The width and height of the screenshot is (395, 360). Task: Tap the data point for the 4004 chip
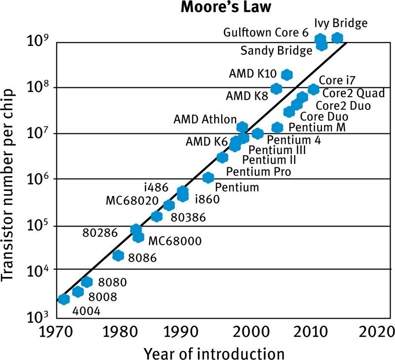(x=64, y=299)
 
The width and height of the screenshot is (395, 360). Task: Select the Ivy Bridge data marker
(x=337, y=38)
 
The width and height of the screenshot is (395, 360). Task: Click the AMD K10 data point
(x=287, y=75)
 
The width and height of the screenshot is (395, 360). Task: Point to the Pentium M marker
(x=277, y=127)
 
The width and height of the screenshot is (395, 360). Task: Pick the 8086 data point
(x=118, y=255)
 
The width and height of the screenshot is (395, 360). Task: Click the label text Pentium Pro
(x=258, y=172)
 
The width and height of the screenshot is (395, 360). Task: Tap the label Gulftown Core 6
(x=266, y=33)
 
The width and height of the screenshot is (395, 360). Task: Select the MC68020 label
(x=132, y=201)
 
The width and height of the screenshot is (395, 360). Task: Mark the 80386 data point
(x=157, y=216)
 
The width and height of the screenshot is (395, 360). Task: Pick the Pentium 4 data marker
(x=257, y=133)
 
